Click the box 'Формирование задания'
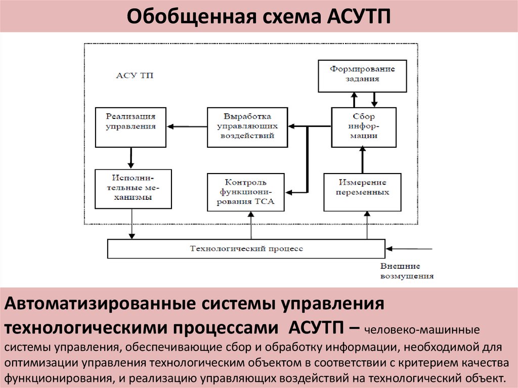pos(362,75)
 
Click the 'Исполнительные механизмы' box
pos(133,189)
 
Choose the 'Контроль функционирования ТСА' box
pos(246,192)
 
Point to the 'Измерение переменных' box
pos(362,192)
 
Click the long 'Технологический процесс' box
pos(246,248)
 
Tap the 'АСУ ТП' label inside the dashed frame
pos(135,76)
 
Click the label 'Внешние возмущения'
pos(407,271)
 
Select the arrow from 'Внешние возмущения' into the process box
pos(411,248)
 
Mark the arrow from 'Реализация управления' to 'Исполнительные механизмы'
pos(131,158)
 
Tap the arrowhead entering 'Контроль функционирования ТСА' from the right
pos(289,192)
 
